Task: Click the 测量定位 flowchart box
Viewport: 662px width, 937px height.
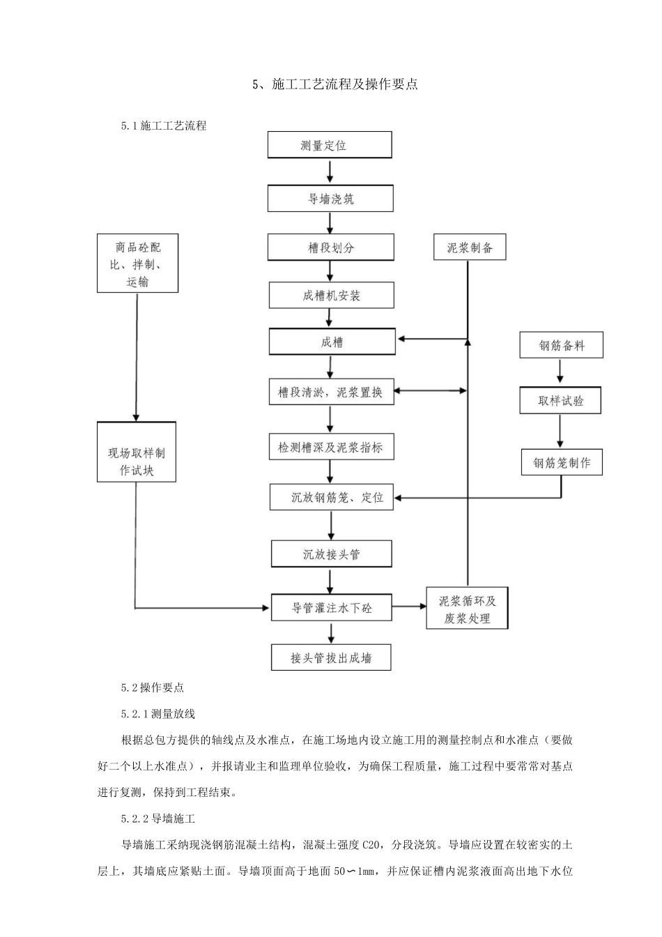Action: (330, 146)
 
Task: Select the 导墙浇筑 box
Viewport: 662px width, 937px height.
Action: (330, 199)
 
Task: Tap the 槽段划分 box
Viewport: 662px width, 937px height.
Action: (331, 247)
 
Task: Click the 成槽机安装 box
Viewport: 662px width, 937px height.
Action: (332, 296)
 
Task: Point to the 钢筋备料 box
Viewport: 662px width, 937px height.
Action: (561, 345)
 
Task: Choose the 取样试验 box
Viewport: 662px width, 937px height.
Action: (560, 401)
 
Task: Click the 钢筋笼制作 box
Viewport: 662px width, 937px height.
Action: (562, 462)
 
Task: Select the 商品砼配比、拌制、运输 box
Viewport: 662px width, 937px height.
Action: (137, 264)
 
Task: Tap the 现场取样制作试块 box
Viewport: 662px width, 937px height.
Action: (137, 452)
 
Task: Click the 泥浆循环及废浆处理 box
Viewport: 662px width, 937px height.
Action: (467, 609)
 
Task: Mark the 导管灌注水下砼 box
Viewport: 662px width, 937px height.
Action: (331, 608)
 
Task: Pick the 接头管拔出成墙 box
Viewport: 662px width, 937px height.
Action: (331, 657)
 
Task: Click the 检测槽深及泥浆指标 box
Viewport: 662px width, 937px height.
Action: (331, 447)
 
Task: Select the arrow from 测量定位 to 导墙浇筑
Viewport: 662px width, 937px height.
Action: (330, 171)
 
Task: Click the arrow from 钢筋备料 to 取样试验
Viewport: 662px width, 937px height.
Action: (560, 373)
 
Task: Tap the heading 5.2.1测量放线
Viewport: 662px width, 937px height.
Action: (158, 713)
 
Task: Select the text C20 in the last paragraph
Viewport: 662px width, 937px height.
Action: (374, 845)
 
